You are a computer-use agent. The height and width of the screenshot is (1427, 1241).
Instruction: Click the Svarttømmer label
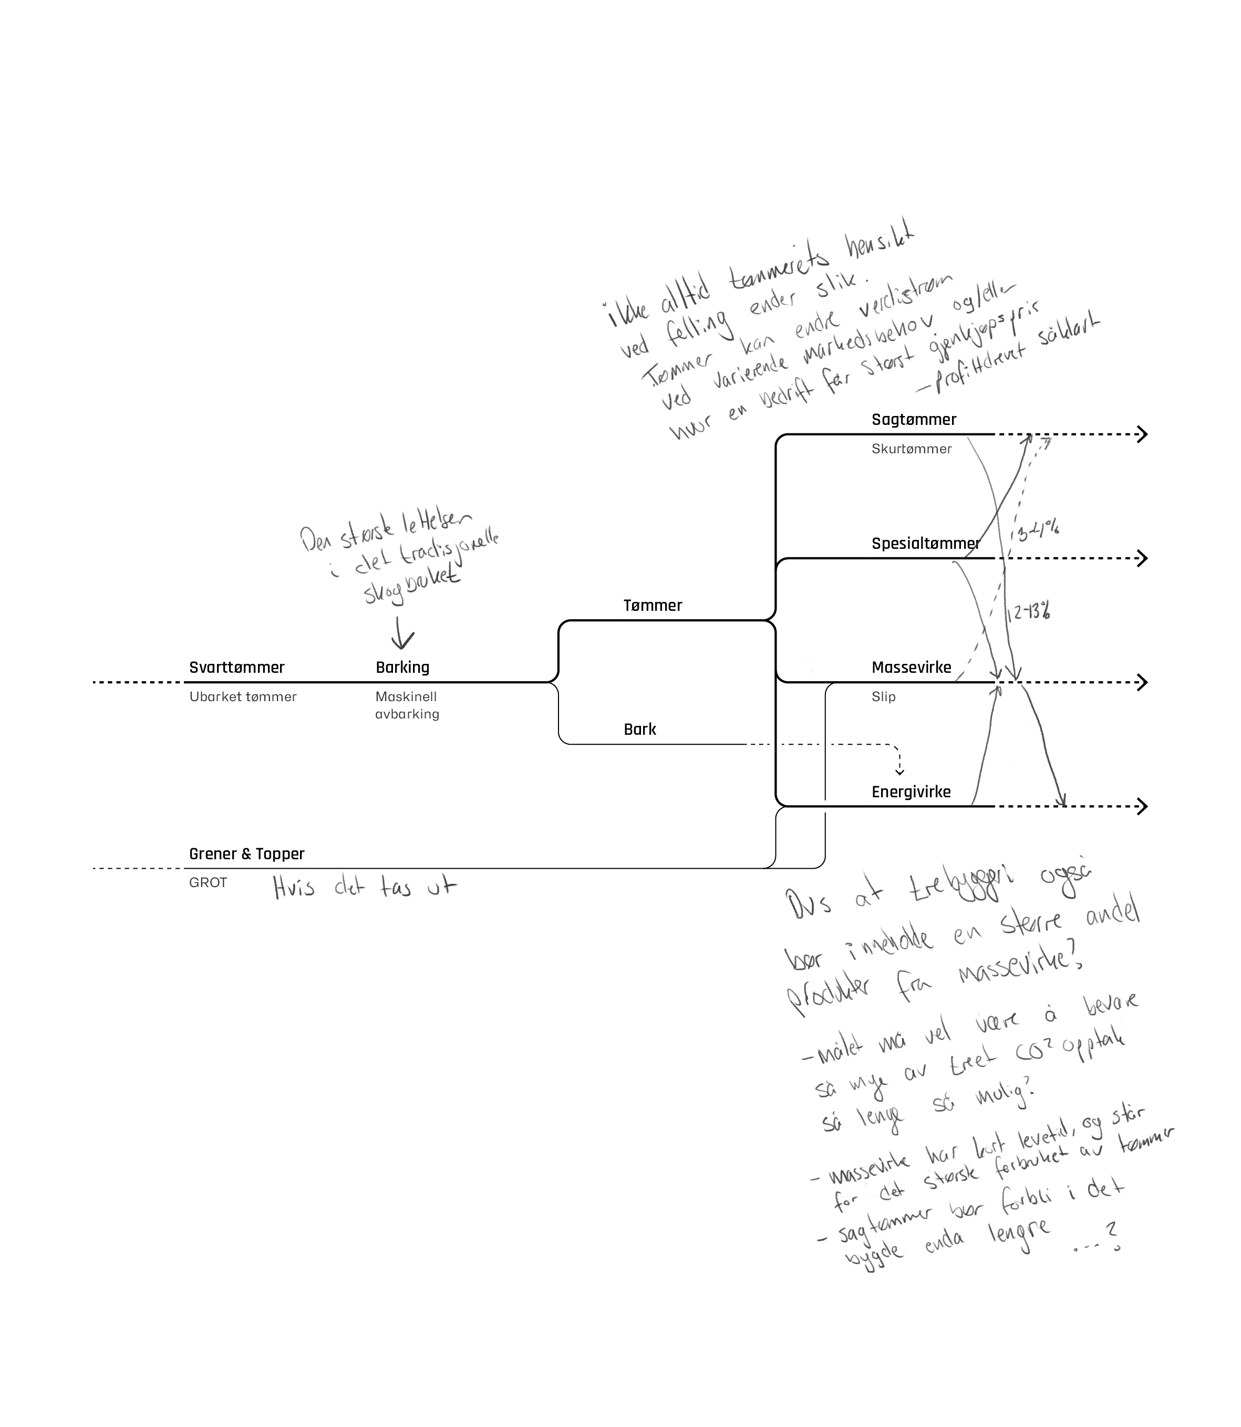point(237,668)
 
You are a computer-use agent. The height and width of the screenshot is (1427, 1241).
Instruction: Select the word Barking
point(402,668)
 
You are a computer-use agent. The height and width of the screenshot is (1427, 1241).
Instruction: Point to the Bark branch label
point(640,729)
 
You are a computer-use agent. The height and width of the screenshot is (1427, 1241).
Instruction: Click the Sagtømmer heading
point(914,420)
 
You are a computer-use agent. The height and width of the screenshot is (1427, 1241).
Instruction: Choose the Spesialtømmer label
point(925,544)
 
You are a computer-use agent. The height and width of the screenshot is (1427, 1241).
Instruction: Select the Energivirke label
point(911,792)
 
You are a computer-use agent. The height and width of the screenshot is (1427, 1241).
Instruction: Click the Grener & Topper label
point(246,853)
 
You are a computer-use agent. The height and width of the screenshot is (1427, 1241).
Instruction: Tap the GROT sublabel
point(208,883)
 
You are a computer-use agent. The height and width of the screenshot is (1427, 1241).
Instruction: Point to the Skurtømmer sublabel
point(912,449)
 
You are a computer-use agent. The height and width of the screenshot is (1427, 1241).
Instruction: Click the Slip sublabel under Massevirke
point(883,696)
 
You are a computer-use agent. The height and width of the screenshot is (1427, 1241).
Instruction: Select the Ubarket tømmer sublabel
point(242,696)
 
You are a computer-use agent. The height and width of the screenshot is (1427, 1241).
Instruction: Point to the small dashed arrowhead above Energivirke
point(899,772)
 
